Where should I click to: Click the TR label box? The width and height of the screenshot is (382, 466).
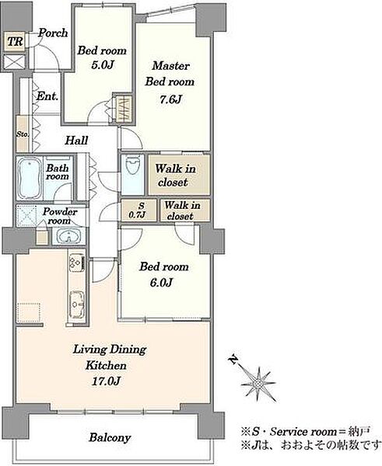[14, 41]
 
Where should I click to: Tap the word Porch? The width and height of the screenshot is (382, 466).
[53, 33]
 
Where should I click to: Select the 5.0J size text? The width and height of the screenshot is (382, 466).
[103, 64]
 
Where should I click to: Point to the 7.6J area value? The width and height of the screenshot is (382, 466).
[170, 99]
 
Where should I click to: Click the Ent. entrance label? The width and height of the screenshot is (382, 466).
[47, 96]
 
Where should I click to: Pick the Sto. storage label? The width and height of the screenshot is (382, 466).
[23, 134]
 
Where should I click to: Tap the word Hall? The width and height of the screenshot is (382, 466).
[76, 141]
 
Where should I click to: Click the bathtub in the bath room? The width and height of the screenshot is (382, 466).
[30, 178]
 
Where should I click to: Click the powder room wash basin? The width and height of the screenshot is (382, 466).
[69, 237]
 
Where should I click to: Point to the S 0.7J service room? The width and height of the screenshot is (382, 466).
[138, 210]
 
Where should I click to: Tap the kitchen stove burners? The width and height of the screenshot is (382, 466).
[76, 263]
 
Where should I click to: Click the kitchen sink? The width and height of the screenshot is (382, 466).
[77, 303]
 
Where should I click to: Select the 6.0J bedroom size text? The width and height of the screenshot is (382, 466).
[161, 283]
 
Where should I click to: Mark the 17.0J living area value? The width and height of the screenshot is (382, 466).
[106, 381]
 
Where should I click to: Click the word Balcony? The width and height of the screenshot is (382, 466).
[110, 437]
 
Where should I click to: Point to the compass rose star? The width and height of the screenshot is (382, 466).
[258, 384]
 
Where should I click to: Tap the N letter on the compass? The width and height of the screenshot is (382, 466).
[233, 360]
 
